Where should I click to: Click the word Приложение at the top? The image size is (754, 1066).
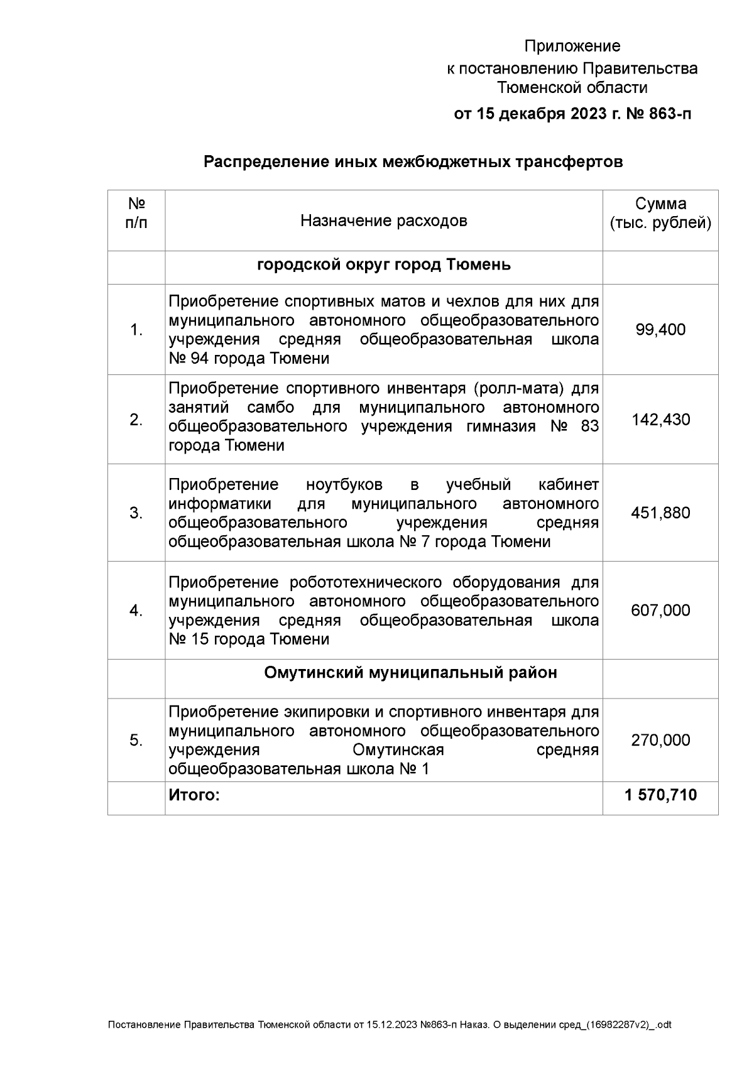pos(572,46)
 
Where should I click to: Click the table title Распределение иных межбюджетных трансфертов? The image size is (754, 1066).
pos(413,162)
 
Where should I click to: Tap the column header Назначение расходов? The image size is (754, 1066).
pos(383,221)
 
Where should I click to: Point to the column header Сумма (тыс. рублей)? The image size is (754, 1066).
pos(660,214)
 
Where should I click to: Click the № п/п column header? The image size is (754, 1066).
pos(136,214)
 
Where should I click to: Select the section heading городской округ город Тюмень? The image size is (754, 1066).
pos(383,265)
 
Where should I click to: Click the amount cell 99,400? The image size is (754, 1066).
pos(660,330)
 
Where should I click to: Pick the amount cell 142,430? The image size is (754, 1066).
pos(660,420)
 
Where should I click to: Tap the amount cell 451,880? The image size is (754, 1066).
pos(660,513)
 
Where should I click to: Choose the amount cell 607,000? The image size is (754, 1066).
pos(660,611)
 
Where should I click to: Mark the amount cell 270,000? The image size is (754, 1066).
pos(660,740)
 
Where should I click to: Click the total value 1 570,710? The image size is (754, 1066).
pos(660,795)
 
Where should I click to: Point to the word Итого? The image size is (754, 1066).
pos(194,795)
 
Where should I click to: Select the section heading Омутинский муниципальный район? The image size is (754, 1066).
pos(410,673)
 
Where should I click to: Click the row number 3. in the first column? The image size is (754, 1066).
pos(136,513)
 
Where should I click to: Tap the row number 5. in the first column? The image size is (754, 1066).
pos(136,741)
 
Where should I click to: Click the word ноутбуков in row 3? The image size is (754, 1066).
pos(344,485)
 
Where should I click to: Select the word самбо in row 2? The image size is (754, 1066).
pos(271,407)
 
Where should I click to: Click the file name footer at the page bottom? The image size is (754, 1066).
pos(390,1025)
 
